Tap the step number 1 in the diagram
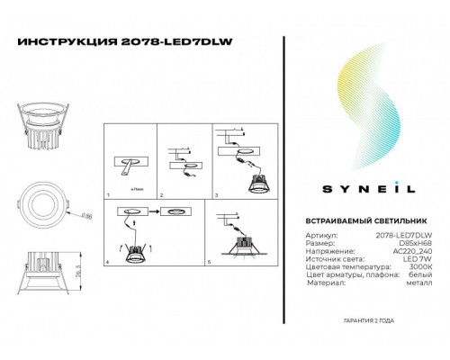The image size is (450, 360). pyautogui.click(x=108, y=193)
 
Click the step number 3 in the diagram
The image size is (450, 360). pyautogui.click(x=214, y=193)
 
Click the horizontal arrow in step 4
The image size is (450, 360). pyautogui.click(x=150, y=213)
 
